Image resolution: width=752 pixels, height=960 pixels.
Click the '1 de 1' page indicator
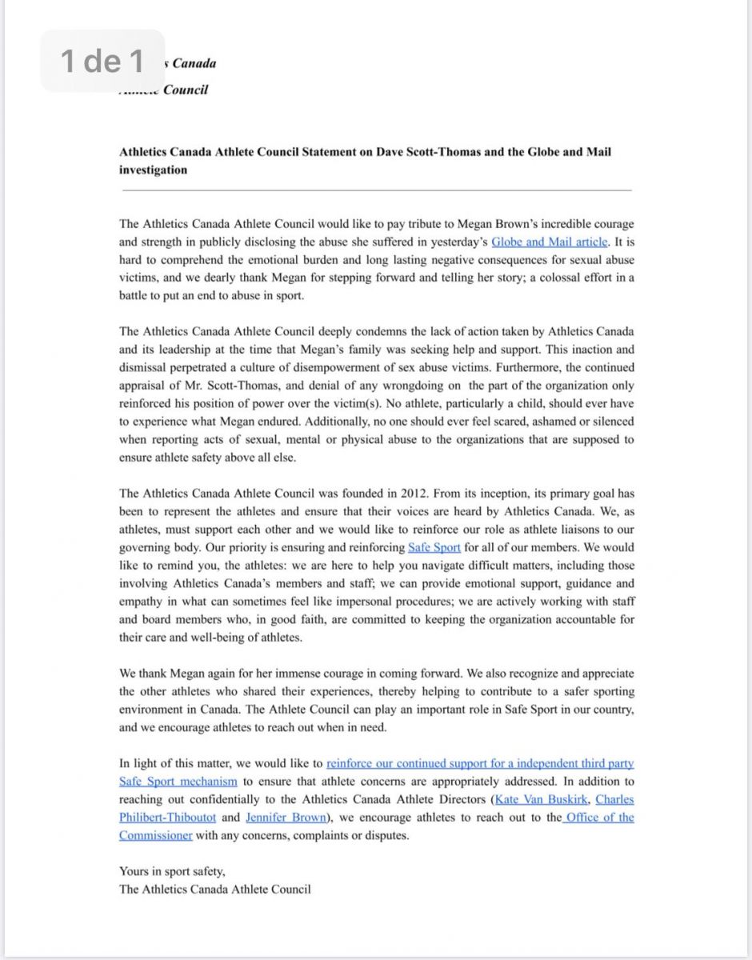(x=102, y=61)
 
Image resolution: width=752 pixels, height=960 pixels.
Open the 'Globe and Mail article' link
(x=550, y=242)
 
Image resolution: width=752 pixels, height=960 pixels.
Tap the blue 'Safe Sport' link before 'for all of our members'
(x=435, y=548)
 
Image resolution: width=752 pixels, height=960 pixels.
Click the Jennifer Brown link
(x=286, y=818)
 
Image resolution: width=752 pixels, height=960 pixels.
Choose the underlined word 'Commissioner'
(x=156, y=835)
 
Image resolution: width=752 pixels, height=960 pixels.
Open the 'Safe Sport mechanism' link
(x=178, y=782)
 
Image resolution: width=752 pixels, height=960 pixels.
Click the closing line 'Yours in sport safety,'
(x=172, y=871)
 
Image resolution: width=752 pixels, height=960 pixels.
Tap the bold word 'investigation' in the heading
(x=154, y=170)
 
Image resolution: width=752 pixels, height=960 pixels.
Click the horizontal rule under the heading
(x=376, y=190)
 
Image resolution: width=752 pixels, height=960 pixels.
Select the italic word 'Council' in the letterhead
(x=185, y=90)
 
